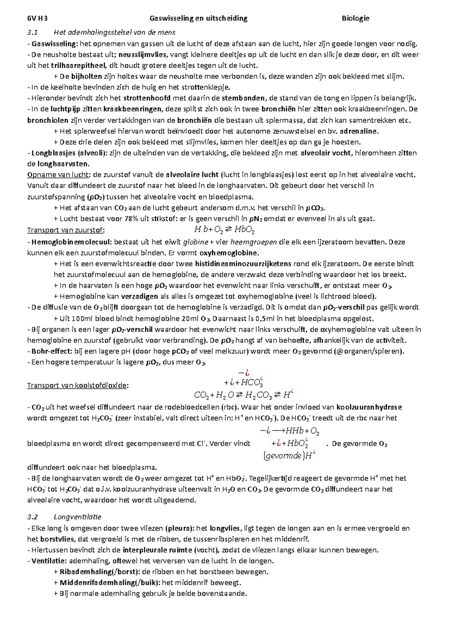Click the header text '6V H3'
click(x=37, y=18)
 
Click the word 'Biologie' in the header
click(x=355, y=18)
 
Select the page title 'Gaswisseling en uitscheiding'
click(x=198, y=18)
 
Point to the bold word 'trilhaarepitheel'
click(x=78, y=66)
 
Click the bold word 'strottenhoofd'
click(x=147, y=98)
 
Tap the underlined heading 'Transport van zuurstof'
click(x=65, y=230)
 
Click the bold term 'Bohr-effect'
click(x=51, y=351)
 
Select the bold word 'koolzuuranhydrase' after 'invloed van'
click(x=369, y=407)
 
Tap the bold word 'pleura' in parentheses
click(x=179, y=528)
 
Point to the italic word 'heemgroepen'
click(x=254, y=242)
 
